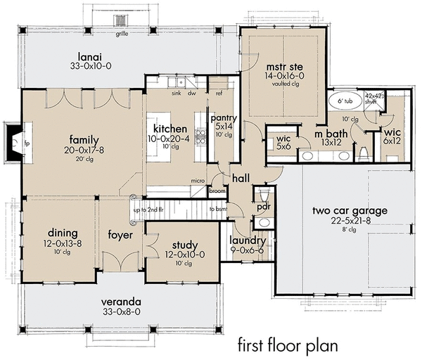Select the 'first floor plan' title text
pos(288,345)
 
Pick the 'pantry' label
pos(225,118)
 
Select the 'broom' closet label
pos(218,190)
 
